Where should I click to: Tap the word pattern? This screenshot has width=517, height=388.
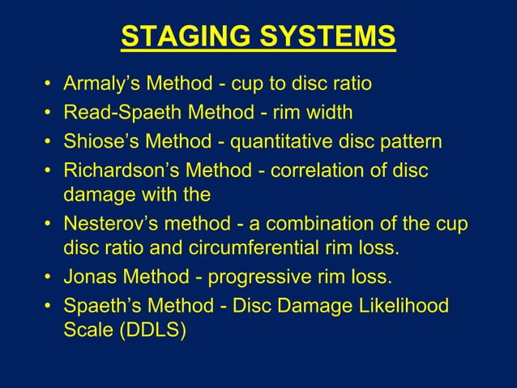pos(408,143)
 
